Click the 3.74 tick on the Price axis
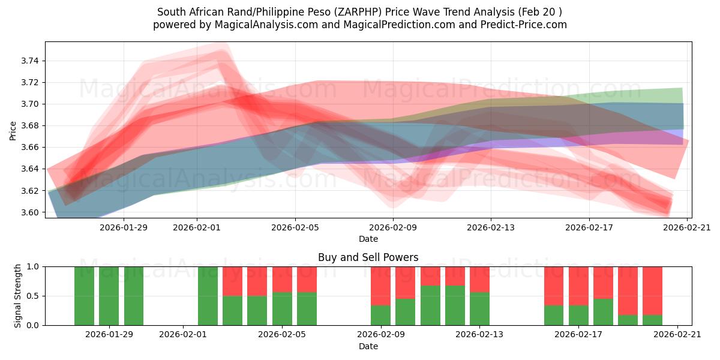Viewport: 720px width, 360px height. click(30, 61)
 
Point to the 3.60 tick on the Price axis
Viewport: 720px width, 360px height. click(30, 212)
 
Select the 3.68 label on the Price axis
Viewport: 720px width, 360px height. click(30, 125)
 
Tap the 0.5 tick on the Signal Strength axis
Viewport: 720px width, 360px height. click(33, 296)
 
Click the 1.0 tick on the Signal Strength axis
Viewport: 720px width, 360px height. click(33, 266)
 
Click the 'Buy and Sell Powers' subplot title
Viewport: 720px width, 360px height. click(368, 257)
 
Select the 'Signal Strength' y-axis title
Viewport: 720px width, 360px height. click(18, 296)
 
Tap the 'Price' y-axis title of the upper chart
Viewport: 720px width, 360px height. click(13, 130)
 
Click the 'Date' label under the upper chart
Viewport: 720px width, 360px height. click(368, 239)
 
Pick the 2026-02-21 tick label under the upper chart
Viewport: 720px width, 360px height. click(687, 227)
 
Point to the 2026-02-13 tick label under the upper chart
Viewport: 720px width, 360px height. click(491, 227)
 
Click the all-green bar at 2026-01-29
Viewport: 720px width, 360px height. click(109, 296)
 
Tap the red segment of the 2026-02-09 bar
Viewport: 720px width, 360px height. click(380, 286)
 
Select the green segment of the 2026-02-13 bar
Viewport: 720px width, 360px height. click(479, 308)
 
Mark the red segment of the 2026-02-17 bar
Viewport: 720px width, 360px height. click(578, 286)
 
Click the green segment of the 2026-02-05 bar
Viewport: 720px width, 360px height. click(282, 308)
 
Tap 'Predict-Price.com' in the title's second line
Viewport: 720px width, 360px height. click(526, 25)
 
